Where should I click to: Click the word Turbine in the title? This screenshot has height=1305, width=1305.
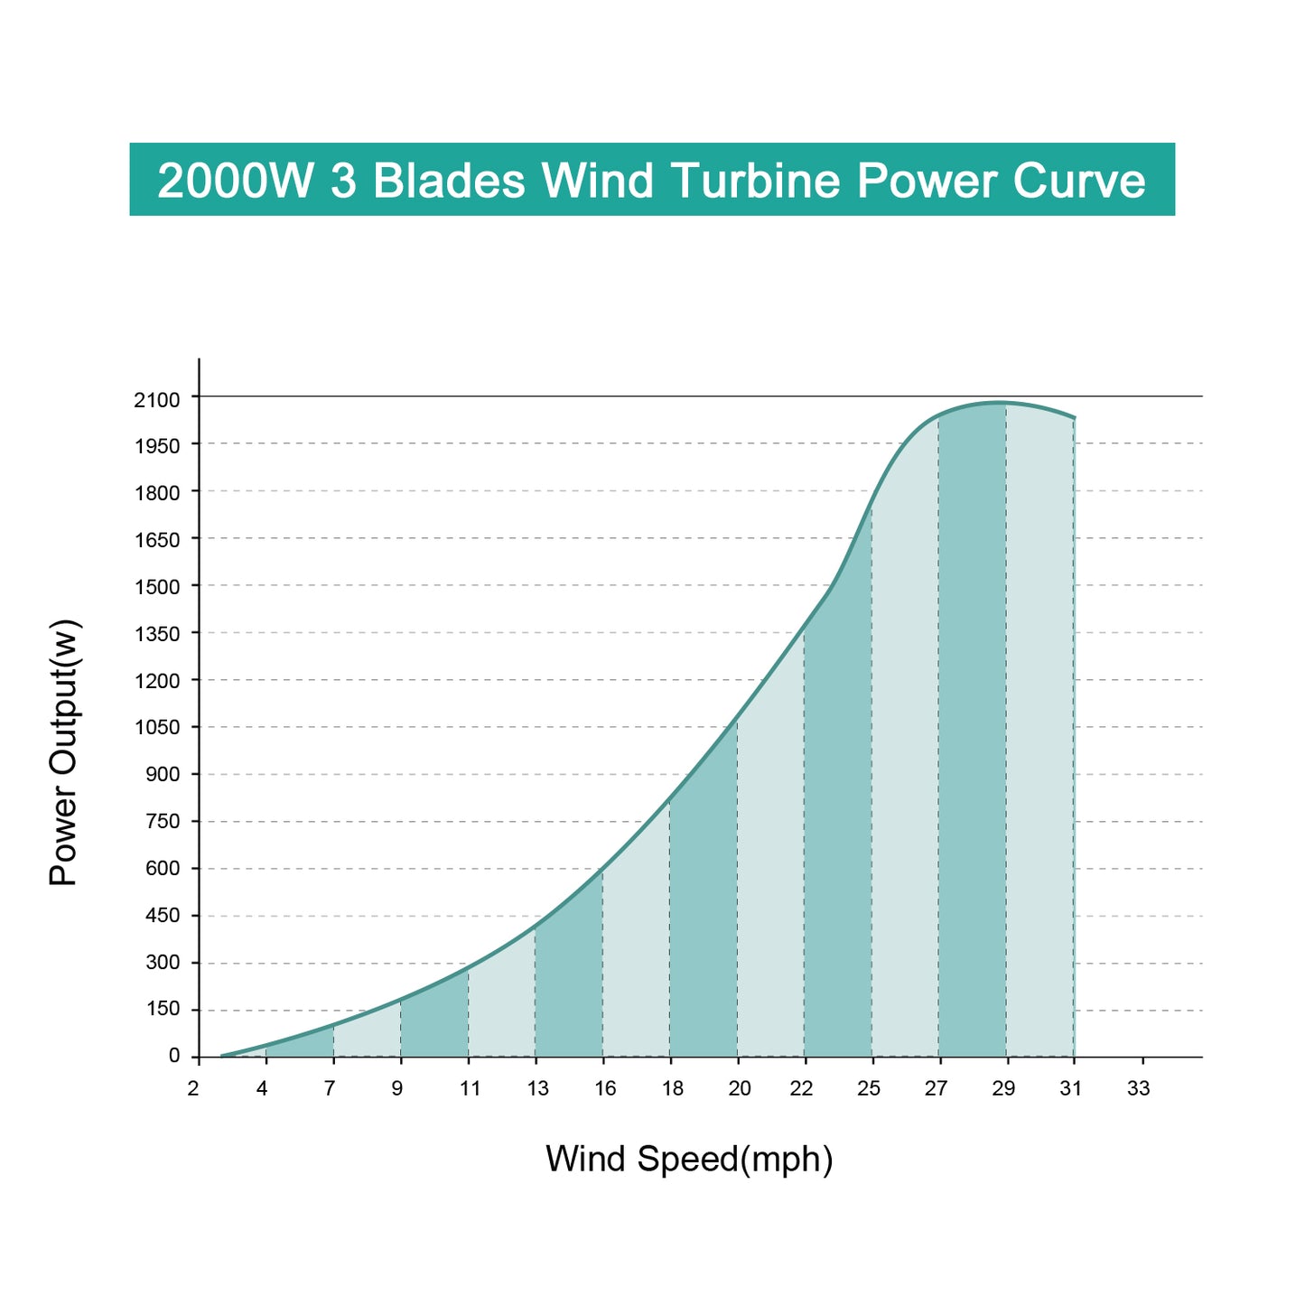coord(756,181)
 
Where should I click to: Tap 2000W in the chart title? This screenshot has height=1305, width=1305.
coord(237,181)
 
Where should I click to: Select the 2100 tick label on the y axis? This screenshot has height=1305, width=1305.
coord(157,399)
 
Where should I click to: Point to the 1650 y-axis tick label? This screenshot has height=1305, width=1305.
coord(157,540)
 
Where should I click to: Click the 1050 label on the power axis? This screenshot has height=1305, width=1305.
coord(157,728)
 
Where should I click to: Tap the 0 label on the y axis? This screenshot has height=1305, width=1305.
coord(173,1056)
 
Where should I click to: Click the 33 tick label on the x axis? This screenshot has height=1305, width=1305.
coord(1139,1089)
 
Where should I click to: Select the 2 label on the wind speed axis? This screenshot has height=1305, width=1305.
coord(192,1089)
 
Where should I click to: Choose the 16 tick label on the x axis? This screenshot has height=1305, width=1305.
coord(605,1089)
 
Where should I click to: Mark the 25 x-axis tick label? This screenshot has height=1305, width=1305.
coord(869,1089)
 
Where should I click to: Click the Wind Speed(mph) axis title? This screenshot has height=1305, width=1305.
coord(689,1159)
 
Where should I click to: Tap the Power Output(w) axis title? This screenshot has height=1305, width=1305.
coord(64,752)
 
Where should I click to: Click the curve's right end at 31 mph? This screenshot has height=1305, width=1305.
coord(1074,418)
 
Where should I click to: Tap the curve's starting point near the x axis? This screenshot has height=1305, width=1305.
coord(223,1055)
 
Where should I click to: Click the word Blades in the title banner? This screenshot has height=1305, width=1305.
coord(449,181)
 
